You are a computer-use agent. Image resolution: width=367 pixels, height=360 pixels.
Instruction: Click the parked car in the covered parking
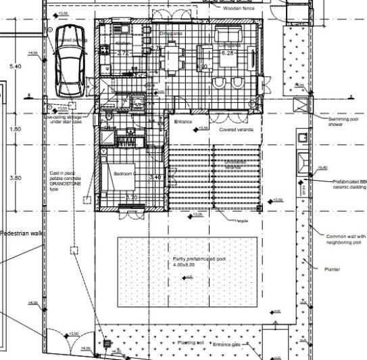[70, 60]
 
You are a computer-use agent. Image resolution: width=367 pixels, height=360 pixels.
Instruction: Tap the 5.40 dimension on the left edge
[15, 66]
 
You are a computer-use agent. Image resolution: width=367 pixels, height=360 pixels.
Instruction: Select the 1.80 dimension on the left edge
[15, 129]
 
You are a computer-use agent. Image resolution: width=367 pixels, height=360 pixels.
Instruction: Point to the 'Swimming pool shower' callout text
[342, 122]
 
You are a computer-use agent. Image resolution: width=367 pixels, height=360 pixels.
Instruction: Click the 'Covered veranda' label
[236, 129]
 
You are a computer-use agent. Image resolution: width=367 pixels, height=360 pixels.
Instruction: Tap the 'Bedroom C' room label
[125, 174]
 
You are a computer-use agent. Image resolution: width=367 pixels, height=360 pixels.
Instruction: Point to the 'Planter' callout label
[332, 269]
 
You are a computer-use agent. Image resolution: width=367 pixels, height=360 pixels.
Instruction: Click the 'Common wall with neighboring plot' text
[345, 239]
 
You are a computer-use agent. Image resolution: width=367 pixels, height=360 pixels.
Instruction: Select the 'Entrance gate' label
[227, 345]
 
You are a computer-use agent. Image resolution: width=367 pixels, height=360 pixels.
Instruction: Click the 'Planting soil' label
[191, 343]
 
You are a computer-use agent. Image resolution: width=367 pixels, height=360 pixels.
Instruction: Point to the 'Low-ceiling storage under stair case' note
[65, 120]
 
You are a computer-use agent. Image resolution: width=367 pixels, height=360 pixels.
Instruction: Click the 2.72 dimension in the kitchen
[123, 53]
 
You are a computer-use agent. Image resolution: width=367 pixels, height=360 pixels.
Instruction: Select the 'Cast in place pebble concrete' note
[65, 181]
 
